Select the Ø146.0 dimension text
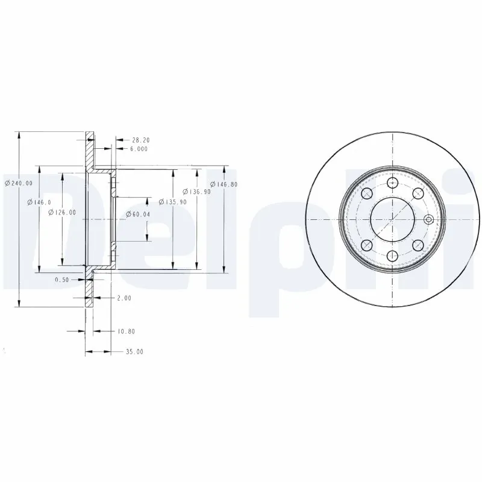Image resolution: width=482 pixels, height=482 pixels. coord(39,202)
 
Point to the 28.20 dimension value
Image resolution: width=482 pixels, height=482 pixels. coord(140,140)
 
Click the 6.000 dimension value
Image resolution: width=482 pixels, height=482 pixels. coord(139,148)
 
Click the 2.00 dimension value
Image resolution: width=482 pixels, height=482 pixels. coord(124,298)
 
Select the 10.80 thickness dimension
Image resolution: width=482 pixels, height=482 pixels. coord(125,331)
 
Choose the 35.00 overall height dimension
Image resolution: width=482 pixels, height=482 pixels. coord(134,351)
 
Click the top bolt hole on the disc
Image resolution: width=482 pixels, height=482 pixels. coord(393,182)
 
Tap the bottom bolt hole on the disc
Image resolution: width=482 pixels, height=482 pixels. coord(393,255)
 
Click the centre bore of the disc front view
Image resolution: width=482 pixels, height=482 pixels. coord(393,219)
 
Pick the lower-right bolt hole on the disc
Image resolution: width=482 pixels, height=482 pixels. coord(418,245)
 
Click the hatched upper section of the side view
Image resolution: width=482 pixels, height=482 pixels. coord(89,152)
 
